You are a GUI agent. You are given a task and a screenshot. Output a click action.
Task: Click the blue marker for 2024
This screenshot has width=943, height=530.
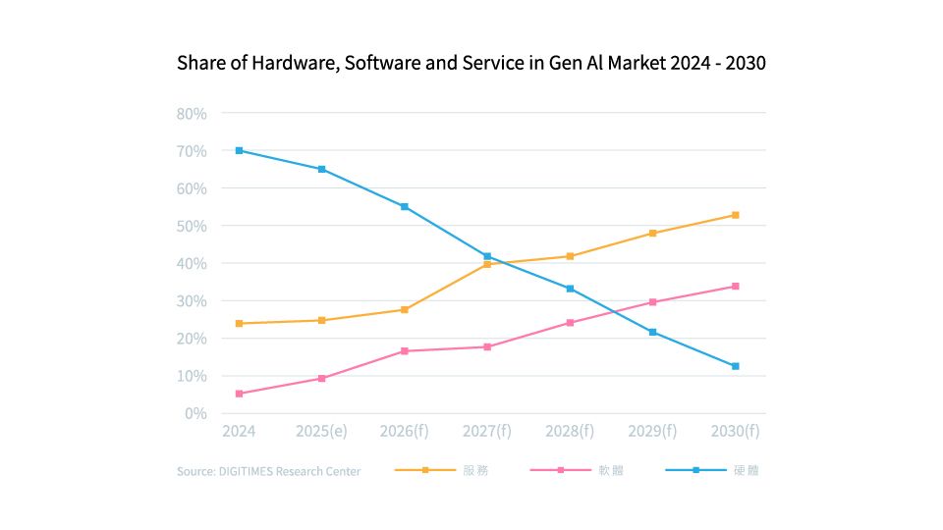[x=239, y=150]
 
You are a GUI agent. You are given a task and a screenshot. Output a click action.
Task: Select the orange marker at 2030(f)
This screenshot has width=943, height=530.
[x=735, y=215]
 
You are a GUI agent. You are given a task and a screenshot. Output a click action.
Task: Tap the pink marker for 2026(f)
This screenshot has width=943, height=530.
[x=404, y=350]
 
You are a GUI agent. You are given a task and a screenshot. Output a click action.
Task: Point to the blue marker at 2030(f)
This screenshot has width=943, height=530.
[x=735, y=366]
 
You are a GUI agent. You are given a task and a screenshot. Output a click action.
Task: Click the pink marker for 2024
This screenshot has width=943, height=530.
[x=239, y=394]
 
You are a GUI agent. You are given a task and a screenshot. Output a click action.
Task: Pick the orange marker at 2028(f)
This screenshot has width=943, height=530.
[x=570, y=256]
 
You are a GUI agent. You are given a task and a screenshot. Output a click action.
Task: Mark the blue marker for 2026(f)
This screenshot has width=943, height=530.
[x=404, y=207]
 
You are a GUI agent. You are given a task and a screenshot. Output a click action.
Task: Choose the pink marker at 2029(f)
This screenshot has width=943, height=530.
[x=652, y=302]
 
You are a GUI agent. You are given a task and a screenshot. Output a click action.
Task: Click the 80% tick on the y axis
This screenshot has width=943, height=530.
[x=192, y=113]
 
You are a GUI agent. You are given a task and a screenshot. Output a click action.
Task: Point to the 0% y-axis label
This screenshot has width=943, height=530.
[x=196, y=413]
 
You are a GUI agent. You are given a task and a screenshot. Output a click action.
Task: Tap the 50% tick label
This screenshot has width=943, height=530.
[x=192, y=226]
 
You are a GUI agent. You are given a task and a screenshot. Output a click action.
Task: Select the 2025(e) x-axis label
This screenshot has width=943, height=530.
[x=321, y=431]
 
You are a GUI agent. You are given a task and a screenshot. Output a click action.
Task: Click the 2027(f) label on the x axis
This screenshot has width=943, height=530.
[x=487, y=431]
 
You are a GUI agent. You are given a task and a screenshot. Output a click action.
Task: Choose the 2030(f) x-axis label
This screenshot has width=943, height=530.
[x=735, y=431]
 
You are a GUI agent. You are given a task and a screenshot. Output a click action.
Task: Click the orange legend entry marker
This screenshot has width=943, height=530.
[x=425, y=471]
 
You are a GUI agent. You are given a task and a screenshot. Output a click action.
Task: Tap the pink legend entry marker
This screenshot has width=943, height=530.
[x=561, y=471]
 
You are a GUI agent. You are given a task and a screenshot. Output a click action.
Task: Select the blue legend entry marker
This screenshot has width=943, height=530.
[x=695, y=471]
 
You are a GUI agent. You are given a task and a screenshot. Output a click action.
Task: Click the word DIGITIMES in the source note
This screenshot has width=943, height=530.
[x=244, y=472]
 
